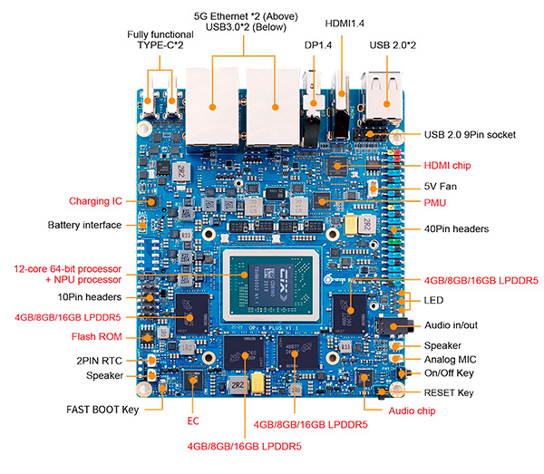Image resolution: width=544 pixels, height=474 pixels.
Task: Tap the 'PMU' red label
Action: coord(435,202)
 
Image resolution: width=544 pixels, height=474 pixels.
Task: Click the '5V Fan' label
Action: coord(442,186)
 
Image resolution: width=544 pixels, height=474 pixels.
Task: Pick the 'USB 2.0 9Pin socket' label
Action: coord(470,135)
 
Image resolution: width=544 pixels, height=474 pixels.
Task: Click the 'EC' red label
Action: coord(192,421)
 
